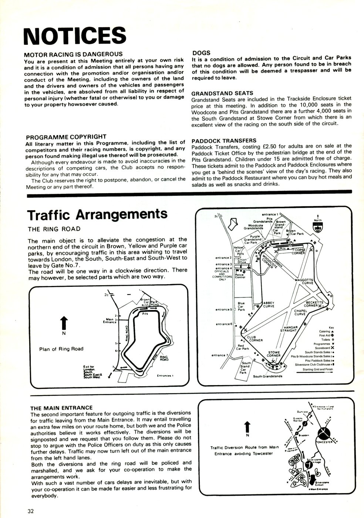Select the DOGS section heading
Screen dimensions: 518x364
click(201, 53)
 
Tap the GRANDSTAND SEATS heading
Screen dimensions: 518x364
click(222, 93)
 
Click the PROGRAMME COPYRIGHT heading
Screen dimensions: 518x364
click(66, 137)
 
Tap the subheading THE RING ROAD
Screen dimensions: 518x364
click(54, 229)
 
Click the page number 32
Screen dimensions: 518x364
click(31, 511)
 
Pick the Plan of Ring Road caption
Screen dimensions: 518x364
click(61, 349)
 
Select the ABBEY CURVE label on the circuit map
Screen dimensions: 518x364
click(269, 304)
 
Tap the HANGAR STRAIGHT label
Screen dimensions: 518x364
click(290, 329)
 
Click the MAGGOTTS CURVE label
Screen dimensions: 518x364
click(304, 282)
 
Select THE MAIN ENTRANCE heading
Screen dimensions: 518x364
click(61, 408)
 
